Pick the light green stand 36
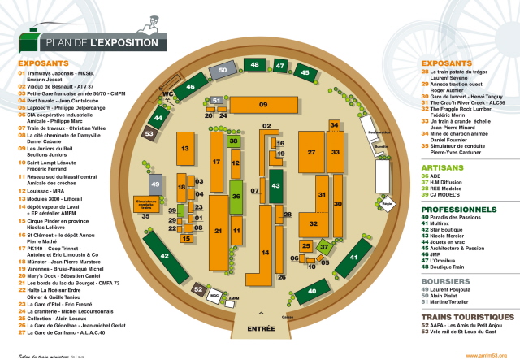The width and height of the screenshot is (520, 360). click(236, 196)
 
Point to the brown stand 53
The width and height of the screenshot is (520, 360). click(150, 132)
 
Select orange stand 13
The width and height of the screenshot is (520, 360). click(185, 148)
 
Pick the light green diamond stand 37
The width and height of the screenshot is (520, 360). click(323, 245)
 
